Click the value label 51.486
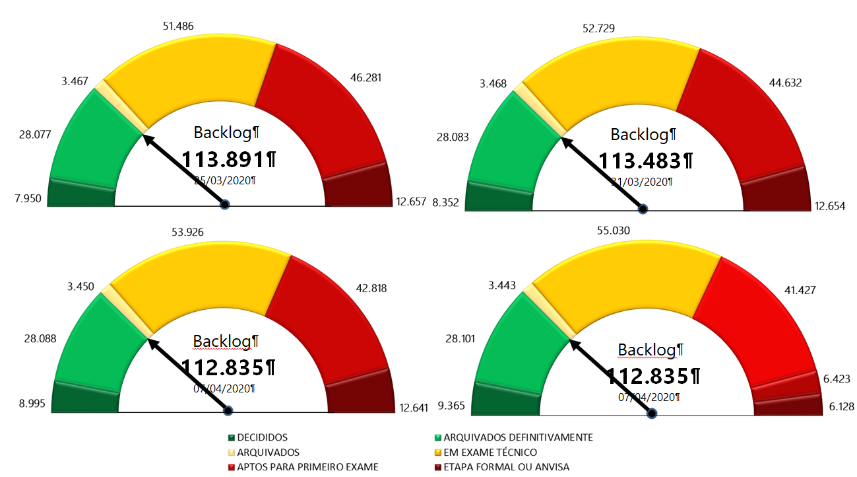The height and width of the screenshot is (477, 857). coord(178,26)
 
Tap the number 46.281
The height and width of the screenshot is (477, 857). coord(367,78)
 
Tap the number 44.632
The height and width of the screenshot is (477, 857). coord(786,83)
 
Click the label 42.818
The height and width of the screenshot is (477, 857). coord(371,288)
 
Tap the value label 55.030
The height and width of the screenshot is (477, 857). coord(613,231)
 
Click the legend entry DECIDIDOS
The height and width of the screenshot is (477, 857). coord(261,437)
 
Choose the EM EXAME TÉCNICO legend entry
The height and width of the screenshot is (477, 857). coord(490,453)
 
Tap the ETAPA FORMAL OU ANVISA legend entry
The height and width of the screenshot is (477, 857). coord(506,467)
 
